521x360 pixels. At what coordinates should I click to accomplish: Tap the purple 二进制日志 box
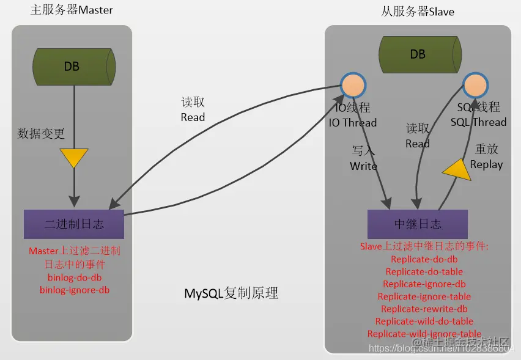pos(74,224)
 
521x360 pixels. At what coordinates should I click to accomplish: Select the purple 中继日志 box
pos(418,224)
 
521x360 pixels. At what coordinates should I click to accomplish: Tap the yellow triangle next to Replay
pos(458,169)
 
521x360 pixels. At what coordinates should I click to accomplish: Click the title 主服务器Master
pos(72,10)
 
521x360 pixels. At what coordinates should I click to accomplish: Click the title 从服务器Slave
pos(418,12)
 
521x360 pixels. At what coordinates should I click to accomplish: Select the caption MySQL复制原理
pos(232,293)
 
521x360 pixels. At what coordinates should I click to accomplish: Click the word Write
pos(363,166)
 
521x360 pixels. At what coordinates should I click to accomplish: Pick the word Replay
pos(487,164)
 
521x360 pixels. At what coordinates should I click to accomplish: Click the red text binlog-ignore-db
pos(75,290)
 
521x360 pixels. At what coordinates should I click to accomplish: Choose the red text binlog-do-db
pos(75,277)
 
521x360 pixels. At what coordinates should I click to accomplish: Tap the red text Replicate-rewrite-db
pos(424,309)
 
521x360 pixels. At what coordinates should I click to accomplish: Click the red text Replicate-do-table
pos(424,271)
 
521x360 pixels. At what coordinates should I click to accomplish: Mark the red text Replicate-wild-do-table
pos(424,321)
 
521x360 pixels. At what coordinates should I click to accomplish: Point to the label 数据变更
pos(41,133)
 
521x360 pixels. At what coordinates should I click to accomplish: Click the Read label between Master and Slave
pos(193,117)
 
